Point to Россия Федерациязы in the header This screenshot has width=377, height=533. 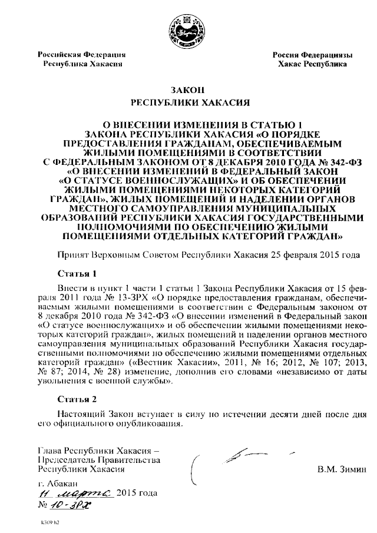pos(312,54)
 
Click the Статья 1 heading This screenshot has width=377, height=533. pos(77,274)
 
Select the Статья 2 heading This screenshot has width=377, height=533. pos(77,399)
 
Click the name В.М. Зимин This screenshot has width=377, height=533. pos(341,469)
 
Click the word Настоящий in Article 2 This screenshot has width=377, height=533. pos(81,415)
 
